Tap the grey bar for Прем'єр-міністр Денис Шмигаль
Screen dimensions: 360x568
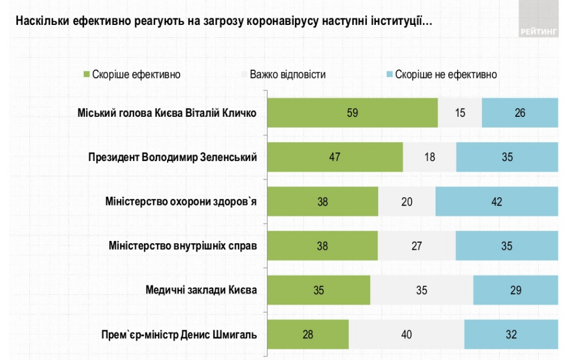(x=406, y=335)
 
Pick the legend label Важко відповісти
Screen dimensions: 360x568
(x=287, y=74)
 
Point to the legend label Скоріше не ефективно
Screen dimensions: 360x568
(x=446, y=74)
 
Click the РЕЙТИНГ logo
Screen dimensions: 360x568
(x=538, y=32)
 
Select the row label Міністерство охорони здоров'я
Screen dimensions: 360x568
(x=181, y=202)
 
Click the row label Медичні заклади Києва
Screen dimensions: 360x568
(x=201, y=290)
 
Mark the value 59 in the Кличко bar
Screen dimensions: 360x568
(x=353, y=113)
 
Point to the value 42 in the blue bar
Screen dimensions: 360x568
(x=496, y=202)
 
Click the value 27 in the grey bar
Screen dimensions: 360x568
(x=417, y=246)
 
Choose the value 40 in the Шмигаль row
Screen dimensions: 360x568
(x=406, y=335)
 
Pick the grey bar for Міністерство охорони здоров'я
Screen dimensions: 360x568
(x=407, y=202)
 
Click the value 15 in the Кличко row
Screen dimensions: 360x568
(x=459, y=113)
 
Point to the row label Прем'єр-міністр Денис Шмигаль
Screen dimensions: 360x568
(x=179, y=335)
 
